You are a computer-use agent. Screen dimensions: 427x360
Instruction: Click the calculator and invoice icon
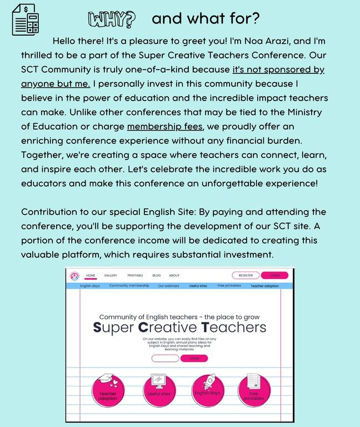[x=26, y=19]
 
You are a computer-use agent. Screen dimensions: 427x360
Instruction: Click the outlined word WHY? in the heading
[x=111, y=19]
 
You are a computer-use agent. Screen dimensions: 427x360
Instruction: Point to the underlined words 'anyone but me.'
[x=56, y=84]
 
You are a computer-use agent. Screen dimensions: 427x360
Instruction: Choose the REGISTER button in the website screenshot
[x=246, y=275]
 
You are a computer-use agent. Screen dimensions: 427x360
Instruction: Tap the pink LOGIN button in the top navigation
[x=274, y=275]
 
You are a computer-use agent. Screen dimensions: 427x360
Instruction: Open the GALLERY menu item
[x=111, y=275]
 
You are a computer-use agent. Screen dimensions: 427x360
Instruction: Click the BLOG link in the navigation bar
[x=157, y=275]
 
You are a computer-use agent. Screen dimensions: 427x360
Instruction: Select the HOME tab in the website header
[x=91, y=275]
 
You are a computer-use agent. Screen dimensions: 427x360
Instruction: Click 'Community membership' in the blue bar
[x=129, y=286]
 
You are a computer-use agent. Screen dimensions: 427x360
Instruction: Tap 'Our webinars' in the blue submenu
[x=168, y=286]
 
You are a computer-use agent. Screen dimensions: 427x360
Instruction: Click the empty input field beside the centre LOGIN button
[x=165, y=359]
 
